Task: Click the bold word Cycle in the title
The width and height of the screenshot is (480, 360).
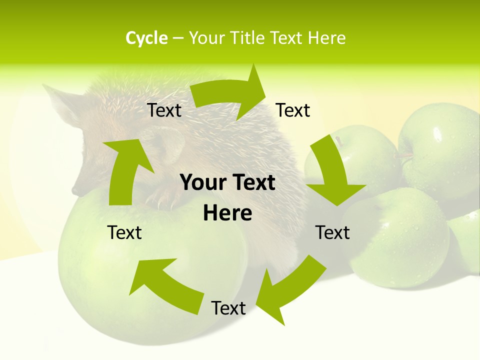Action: point(146,38)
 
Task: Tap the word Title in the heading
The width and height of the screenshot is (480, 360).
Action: point(247,38)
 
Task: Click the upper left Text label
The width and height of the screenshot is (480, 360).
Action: point(164,110)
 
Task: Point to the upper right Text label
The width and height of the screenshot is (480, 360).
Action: point(293,110)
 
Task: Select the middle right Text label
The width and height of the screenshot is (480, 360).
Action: point(332,232)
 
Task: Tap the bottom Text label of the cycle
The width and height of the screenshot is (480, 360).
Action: point(228,308)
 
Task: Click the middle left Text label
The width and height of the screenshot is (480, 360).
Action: point(124,232)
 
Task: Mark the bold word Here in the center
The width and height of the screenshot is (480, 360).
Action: point(227,213)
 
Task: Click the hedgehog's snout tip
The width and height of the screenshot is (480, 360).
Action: point(75,190)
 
